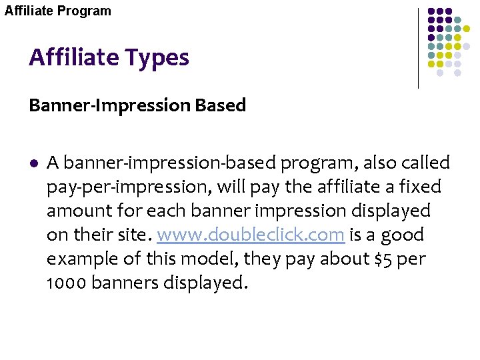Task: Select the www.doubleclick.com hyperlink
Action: pyautogui.click(x=250, y=235)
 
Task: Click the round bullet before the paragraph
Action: pyautogui.click(x=33, y=163)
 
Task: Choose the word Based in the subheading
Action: pyautogui.click(x=226, y=105)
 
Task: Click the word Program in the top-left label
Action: pyautogui.click(x=85, y=11)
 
